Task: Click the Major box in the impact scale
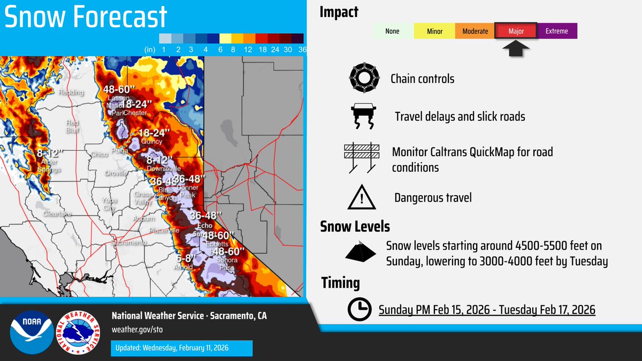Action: coord(516,31)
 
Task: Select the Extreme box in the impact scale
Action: coord(557,31)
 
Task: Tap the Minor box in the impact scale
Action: coord(434,31)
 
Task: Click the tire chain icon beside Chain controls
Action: coord(364,79)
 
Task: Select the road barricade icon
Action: coord(363,158)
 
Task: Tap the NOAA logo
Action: coord(32,332)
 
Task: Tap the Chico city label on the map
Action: coord(100,155)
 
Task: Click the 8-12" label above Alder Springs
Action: coord(50,153)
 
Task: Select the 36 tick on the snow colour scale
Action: coord(302,49)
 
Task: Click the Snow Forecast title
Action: coord(86,17)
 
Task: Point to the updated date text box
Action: coord(181,348)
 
